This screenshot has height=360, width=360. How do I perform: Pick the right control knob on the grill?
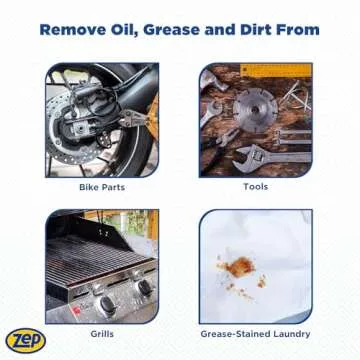pyautogui.click(x=142, y=288)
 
